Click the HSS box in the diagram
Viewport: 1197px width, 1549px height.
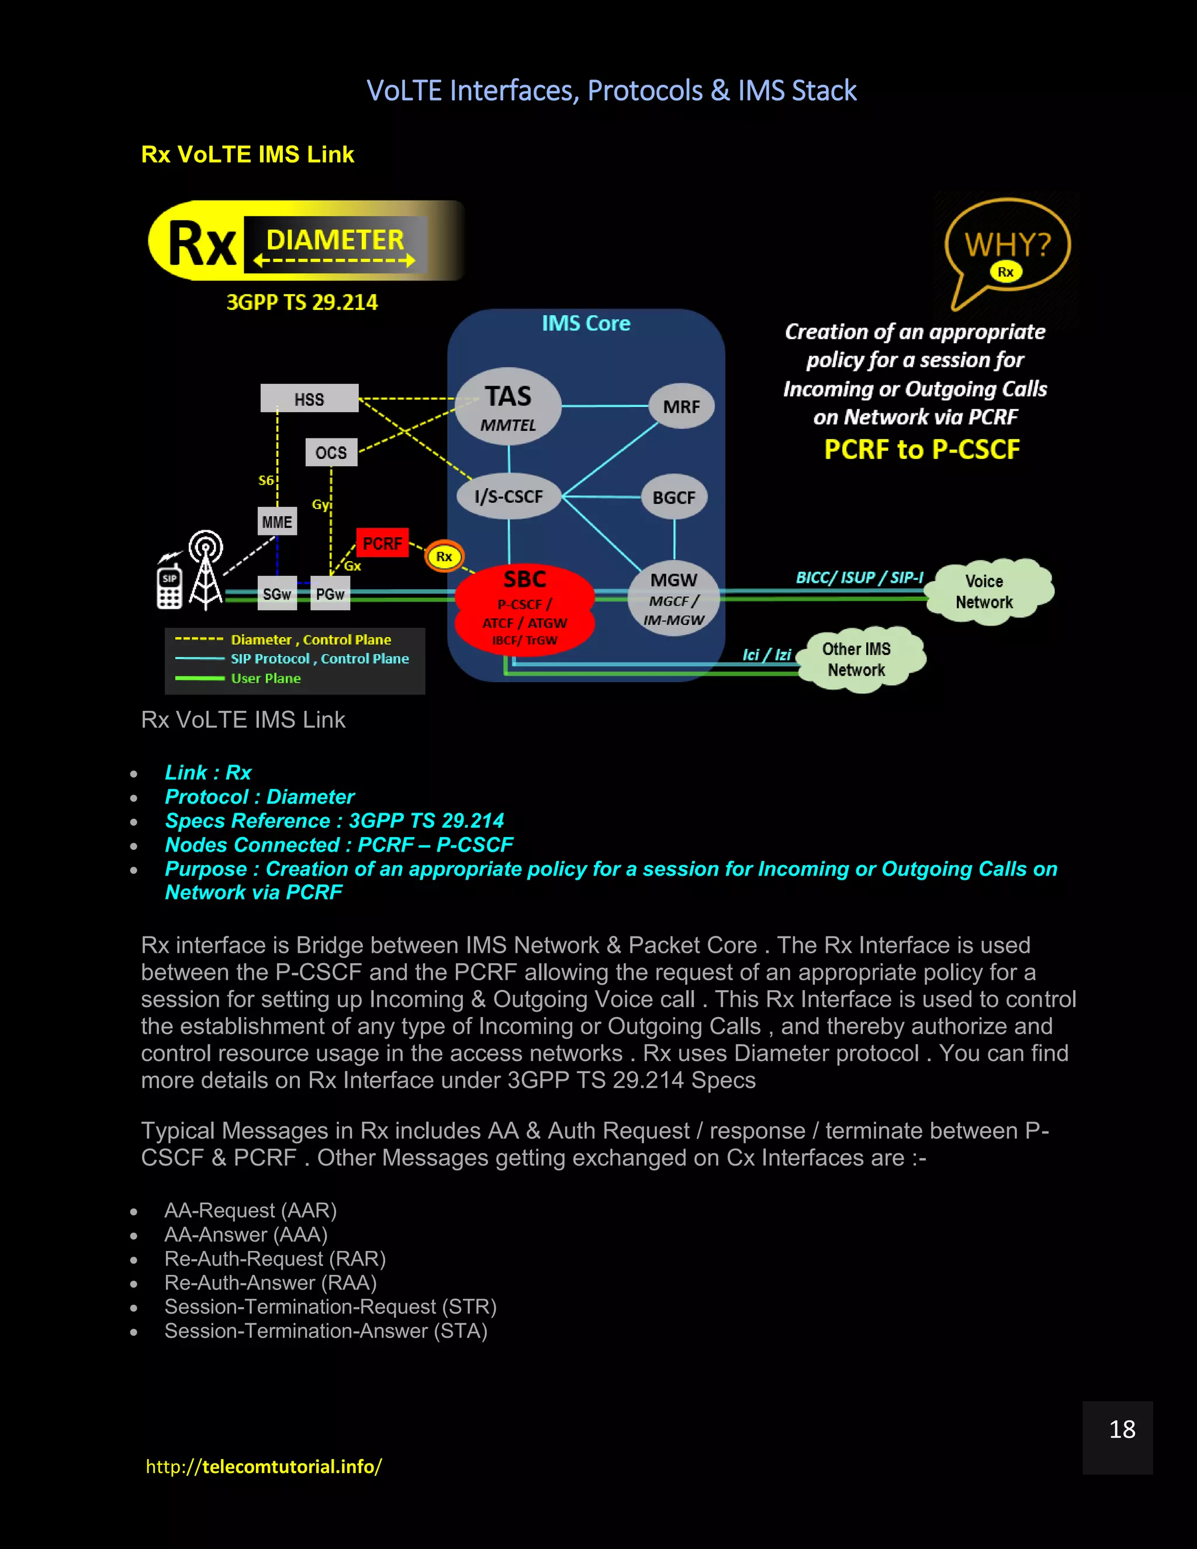tap(309, 399)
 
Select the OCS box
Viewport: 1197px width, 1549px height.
tap(331, 452)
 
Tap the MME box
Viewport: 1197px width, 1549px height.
tap(276, 522)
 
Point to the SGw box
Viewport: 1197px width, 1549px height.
tap(276, 594)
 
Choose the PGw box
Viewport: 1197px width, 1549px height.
tap(330, 594)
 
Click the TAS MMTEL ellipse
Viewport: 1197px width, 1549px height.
tap(508, 406)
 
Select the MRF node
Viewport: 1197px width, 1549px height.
tap(681, 406)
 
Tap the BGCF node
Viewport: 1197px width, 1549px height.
tap(674, 497)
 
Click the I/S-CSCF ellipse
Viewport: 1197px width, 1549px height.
tap(508, 496)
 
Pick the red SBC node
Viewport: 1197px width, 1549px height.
tap(525, 608)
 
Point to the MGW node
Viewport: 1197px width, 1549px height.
tap(674, 599)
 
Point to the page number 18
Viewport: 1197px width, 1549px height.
tap(1122, 1429)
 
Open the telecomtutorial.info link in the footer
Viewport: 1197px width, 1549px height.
tap(264, 1466)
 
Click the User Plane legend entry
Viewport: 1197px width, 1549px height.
tap(265, 679)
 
